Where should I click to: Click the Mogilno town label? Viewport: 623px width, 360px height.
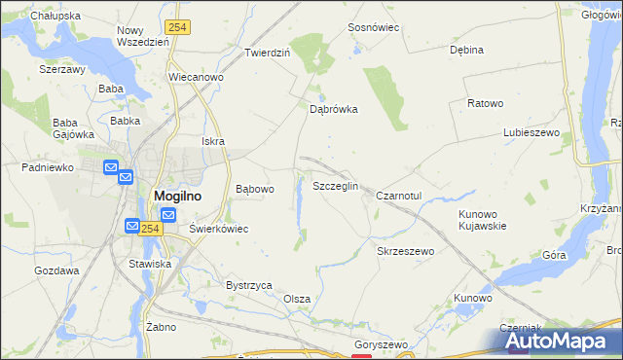[x=178, y=196]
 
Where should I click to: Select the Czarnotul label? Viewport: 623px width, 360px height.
[x=398, y=196]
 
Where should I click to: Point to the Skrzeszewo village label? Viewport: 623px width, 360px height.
[x=405, y=250]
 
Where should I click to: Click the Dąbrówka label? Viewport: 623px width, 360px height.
[x=334, y=110]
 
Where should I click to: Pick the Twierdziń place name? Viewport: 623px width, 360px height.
[x=268, y=53]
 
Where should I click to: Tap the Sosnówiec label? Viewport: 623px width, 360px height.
[x=375, y=28]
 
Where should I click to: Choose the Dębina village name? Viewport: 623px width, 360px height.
[x=466, y=50]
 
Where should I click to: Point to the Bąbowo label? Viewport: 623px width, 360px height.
[x=255, y=189]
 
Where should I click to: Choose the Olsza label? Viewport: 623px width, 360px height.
[x=297, y=299]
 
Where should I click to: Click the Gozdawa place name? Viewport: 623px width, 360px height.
[x=56, y=270]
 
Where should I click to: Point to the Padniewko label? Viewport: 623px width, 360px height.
[x=49, y=167]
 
